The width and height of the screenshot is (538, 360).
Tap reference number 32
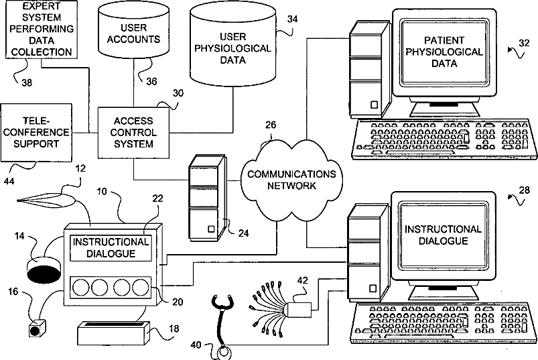523,44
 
